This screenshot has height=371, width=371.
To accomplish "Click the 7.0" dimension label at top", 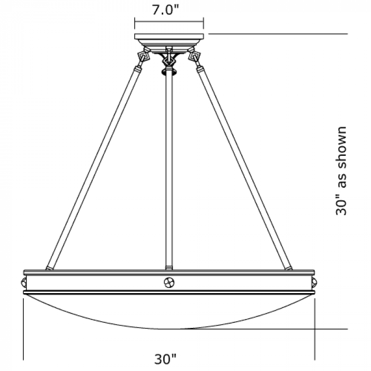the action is [x=165, y=10].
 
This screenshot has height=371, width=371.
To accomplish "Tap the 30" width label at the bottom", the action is [x=165, y=359].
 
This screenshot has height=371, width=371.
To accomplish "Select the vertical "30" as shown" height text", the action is [x=341, y=171].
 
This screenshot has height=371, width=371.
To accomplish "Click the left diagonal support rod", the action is [x=93, y=168].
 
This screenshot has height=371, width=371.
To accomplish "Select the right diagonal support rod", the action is [x=244, y=168].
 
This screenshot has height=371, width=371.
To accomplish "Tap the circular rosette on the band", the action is [x=169, y=282].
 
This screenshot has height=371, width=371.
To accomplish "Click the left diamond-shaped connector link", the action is [x=144, y=57].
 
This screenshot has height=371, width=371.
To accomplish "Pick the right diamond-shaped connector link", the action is [x=195, y=57].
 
